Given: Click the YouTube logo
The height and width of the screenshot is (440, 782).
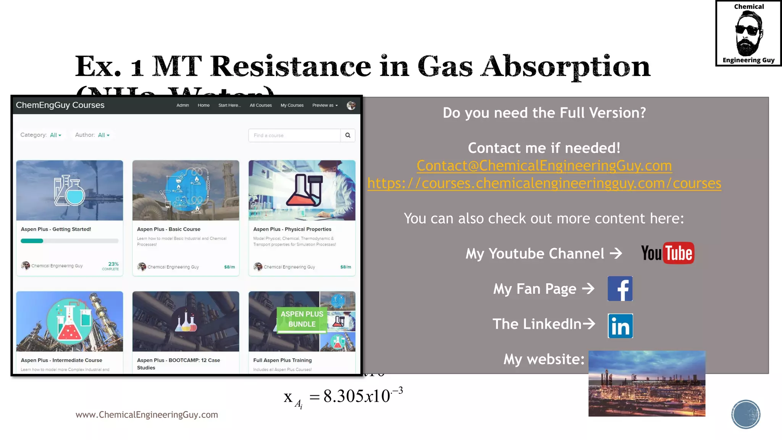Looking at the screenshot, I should pyautogui.click(x=667, y=253).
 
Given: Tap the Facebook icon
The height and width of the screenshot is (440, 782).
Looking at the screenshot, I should pyautogui.click(x=620, y=289).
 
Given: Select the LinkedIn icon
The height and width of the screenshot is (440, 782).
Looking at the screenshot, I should pyautogui.click(x=620, y=326).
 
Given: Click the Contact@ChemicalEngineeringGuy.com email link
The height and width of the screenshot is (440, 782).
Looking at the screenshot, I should pyautogui.click(x=544, y=166).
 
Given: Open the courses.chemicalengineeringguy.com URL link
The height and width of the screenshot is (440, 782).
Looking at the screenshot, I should pyautogui.click(x=544, y=183).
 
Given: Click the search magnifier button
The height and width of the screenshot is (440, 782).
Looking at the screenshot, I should pyautogui.click(x=347, y=135).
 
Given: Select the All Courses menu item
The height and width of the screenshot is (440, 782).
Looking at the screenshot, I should pyautogui.click(x=261, y=105).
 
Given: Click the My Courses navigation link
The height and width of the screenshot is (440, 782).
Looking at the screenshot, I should pyautogui.click(x=292, y=105).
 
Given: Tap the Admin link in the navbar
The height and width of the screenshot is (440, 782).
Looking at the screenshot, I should pyautogui.click(x=183, y=105).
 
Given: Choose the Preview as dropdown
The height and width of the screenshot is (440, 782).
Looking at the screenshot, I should pyautogui.click(x=325, y=105).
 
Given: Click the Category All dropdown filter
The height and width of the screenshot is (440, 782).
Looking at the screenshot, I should pyautogui.click(x=55, y=135).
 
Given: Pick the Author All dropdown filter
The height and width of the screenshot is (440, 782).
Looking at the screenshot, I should pyautogui.click(x=103, y=135).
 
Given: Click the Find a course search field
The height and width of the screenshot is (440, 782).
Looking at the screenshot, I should pyautogui.click(x=294, y=135).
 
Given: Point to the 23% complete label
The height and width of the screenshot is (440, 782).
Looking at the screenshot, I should pyautogui.click(x=111, y=266).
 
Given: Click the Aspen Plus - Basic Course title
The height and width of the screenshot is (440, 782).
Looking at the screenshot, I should pyautogui.click(x=169, y=229).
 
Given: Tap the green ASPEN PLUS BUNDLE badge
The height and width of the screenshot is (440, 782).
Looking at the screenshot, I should pyautogui.click(x=302, y=319).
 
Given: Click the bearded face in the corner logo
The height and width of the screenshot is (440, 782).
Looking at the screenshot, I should pyautogui.click(x=748, y=34).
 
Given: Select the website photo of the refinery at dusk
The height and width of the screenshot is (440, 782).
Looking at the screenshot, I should pyautogui.click(x=646, y=383).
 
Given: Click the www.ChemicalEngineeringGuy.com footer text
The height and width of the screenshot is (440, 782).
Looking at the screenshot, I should pyautogui.click(x=147, y=415).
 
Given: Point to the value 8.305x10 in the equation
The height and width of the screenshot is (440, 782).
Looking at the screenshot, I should pyautogui.click(x=357, y=396).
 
